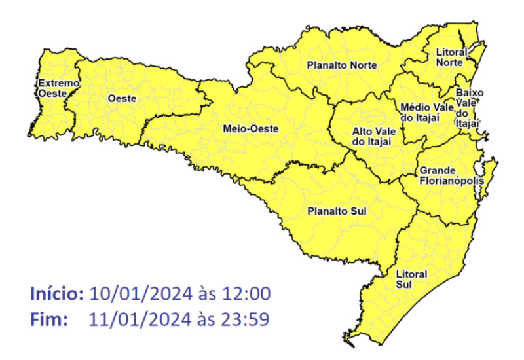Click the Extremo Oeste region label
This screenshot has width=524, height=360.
58,88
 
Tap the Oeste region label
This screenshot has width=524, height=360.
122,98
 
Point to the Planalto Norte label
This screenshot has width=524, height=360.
339,65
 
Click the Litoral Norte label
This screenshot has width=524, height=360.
451,57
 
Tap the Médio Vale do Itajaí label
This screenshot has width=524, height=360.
423,112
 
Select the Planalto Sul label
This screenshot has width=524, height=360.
337,211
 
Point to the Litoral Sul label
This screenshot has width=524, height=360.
411,278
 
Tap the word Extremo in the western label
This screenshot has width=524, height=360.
58,84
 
